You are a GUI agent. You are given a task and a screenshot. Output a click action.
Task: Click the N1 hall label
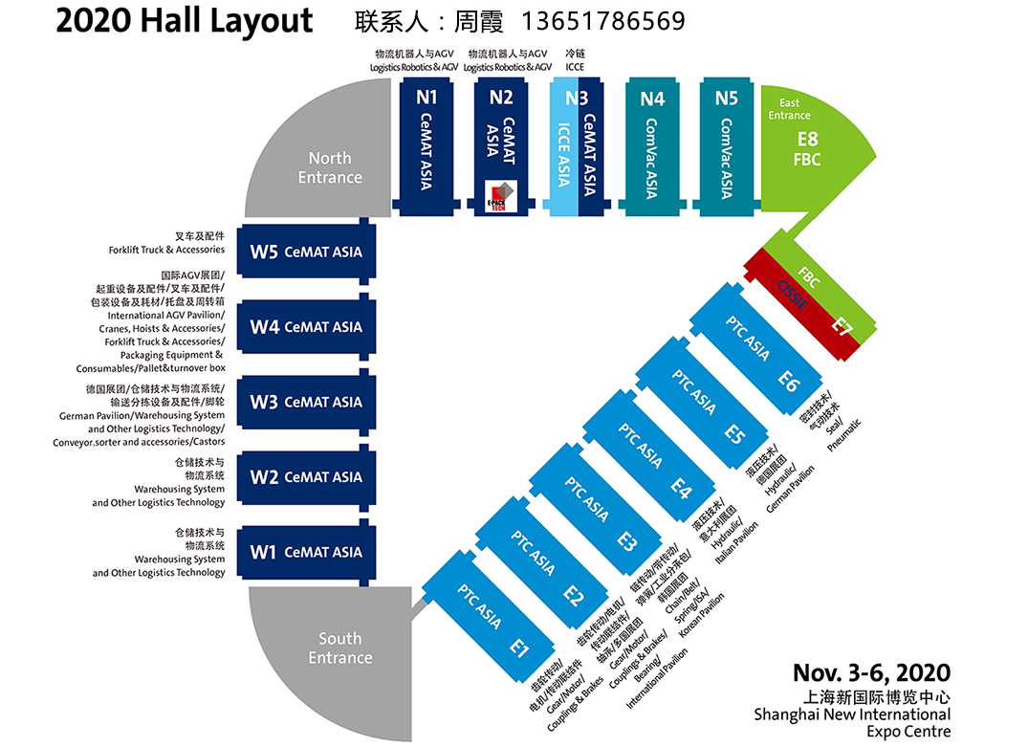pos(427,97)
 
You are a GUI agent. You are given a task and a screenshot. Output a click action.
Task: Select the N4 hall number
pos(652,98)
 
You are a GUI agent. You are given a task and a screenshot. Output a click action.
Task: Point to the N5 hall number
pos(727,98)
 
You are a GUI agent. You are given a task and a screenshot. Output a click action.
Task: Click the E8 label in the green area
pos(808,140)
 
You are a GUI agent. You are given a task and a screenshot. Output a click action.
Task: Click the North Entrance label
pos(330,167)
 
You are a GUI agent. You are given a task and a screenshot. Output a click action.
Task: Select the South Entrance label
pos(340,648)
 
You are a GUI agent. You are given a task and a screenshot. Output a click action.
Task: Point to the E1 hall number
pos(518,648)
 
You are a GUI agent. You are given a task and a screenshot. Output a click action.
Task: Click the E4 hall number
pos(680,488)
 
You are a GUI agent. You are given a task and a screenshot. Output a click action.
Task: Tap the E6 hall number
pos(788,382)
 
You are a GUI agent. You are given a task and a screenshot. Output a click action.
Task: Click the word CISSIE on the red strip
pos(793,292)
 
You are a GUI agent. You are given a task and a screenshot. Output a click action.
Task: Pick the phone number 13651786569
pos(603,20)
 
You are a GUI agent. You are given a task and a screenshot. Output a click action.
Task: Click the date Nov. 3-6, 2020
pos(871,672)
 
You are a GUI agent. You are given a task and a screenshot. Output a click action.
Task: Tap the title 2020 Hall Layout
pos(185,20)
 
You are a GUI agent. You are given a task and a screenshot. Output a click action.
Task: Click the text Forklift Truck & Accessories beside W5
pos(166,250)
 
